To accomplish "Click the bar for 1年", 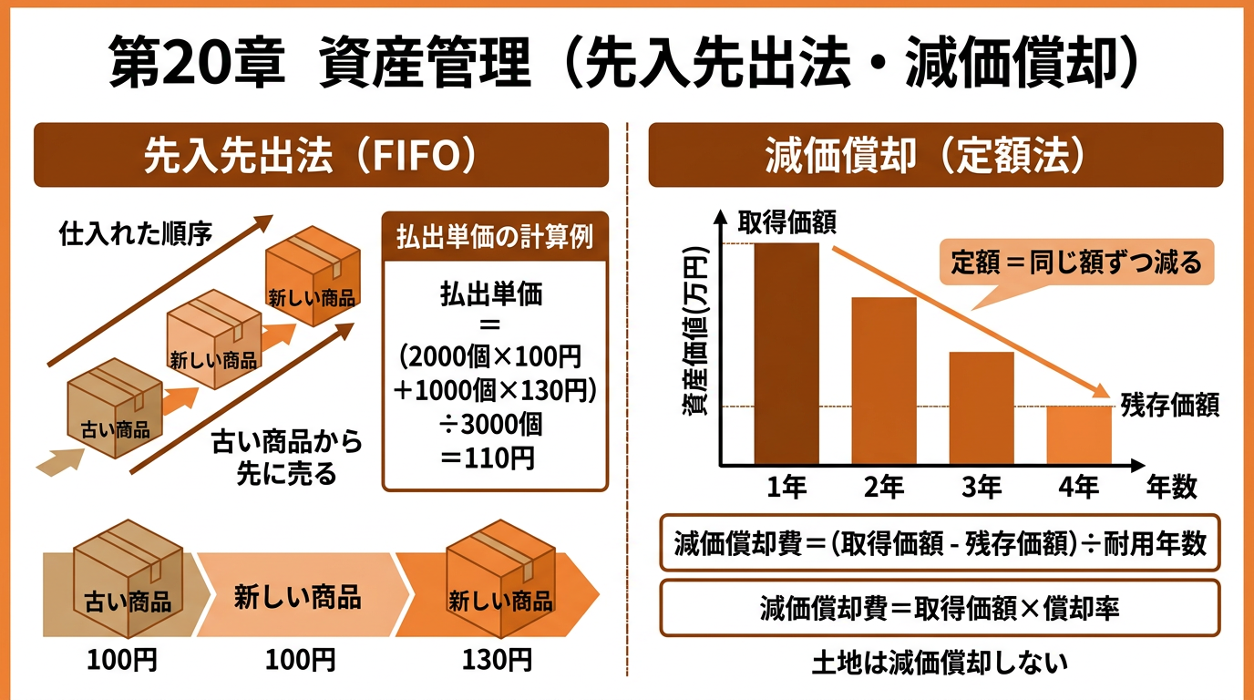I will [786, 354].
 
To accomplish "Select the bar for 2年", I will [884, 381].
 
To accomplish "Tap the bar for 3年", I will [982, 408].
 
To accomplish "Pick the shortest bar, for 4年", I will [1079, 435].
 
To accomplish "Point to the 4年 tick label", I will [1079, 488].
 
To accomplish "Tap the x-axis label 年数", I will [1172, 488].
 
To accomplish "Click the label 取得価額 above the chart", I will [786, 223].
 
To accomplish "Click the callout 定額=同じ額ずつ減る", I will [1076, 263].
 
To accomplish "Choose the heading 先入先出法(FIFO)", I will [321, 156].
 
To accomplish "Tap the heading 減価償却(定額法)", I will [935, 156].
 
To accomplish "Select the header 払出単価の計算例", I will [495, 239].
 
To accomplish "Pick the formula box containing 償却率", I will [940, 608].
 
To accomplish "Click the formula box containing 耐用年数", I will [940, 544].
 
